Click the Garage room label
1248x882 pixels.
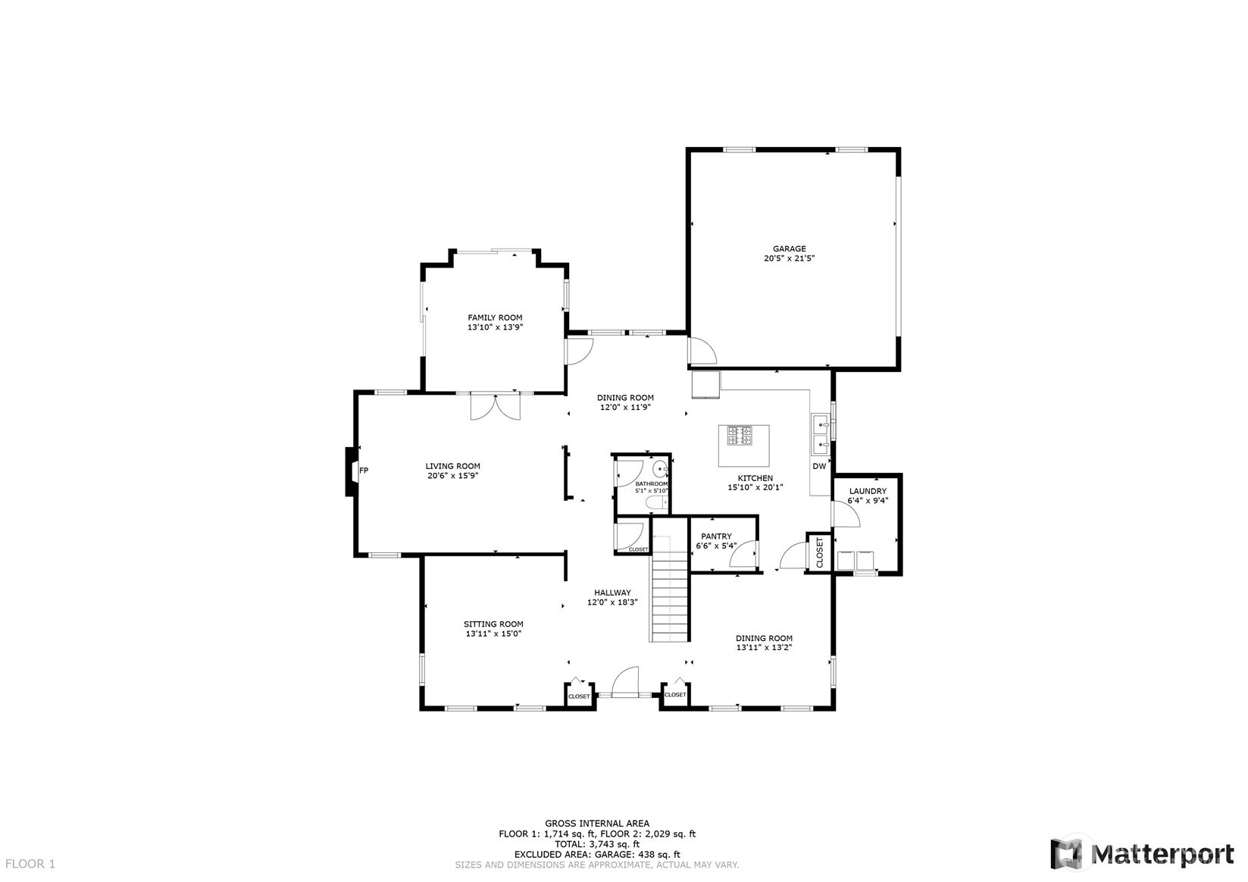pyautogui.click(x=789, y=249)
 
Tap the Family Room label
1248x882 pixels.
pyautogui.click(x=495, y=317)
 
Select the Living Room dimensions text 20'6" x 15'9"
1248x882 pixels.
pyautogui.click(x=452, y=475)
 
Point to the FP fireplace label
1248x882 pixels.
pyautogui.click(x=364, y=471)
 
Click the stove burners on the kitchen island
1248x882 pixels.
pyautogui.click(x=740, y=435)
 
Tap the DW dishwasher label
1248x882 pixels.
pyautogui.click(x=819, y=466)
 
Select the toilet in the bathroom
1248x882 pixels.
pyautogui.click(x=658, y=503)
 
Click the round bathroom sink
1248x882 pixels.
pyautogui.click(x=661, y=470)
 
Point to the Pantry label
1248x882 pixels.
pyautogui.click(x=716, y=536)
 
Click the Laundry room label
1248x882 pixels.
pyautogui.click(x=868, y=491)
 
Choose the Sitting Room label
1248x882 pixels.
pyautogui.click(x=493, y=624)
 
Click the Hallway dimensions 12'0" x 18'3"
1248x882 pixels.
pyautogui.click(x=612, y=602)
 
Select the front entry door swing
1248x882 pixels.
pyautogui.click(x=625, y=681)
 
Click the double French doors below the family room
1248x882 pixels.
pyautogui.click(x=496, y=406)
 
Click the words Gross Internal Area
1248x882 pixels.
pyautogui.click(x=596, y=823)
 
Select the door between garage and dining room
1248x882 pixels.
pyautogui.click(x=702, y=351)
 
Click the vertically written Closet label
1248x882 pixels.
pyautogui.click(x=819, y=552)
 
